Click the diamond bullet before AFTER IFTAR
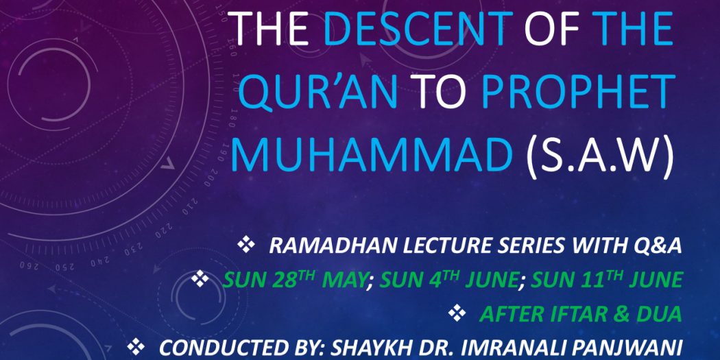coord(457,313)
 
